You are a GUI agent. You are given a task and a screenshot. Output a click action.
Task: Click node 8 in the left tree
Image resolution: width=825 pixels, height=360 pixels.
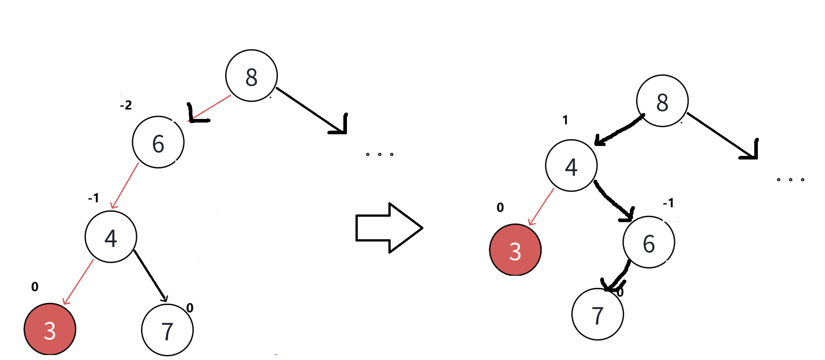click(x=251, y=76)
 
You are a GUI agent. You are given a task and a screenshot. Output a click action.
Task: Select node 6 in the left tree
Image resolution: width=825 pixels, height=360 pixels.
click(x=158, y=142)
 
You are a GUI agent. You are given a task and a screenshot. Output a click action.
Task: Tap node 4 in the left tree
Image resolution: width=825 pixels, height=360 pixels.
click(x=111, y=237)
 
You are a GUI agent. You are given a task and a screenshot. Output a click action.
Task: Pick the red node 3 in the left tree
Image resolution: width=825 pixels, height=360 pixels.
click(x=50, y=329)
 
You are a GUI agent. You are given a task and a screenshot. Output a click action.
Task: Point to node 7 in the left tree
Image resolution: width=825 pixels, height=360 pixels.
click(x=167, y=330)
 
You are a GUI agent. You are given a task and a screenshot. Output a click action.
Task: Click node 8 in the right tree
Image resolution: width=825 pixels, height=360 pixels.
click(x=662, y=101)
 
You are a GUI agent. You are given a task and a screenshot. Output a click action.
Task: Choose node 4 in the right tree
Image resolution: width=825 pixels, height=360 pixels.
click(x=571, y=166)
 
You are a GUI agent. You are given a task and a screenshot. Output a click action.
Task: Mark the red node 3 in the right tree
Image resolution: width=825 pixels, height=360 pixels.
click(x=515, y=250)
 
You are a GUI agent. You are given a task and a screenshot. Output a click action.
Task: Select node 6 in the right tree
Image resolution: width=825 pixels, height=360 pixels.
click(x=649, y=242)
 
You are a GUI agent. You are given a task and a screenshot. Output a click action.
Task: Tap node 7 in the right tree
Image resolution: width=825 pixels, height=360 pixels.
click(x=597, y=314)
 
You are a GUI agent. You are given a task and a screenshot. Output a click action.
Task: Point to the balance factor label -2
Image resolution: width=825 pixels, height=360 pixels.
click(x=126, y=105)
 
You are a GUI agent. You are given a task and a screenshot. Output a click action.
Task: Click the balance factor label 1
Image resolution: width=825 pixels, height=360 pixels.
click(x=565, y=120)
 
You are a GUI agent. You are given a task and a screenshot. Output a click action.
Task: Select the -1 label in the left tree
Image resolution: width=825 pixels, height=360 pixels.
click(x=93, y=198)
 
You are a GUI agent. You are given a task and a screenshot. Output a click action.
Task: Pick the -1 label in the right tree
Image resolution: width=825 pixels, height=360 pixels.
click(x=668, y=203)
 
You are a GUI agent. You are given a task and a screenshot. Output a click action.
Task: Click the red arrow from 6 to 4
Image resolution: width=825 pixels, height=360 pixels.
click(x=124, y=186)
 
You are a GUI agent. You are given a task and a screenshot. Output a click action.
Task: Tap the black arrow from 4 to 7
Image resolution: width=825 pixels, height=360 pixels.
click(x=150, y=276)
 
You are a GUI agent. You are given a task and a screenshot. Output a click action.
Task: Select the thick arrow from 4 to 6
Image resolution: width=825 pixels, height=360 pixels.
click(x=614, y=201)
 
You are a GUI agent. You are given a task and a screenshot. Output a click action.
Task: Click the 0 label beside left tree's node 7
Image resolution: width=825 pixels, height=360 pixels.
click(x=190, y=308)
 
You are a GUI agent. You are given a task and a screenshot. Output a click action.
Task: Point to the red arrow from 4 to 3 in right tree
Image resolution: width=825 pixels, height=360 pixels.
click(x=541, y=207)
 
